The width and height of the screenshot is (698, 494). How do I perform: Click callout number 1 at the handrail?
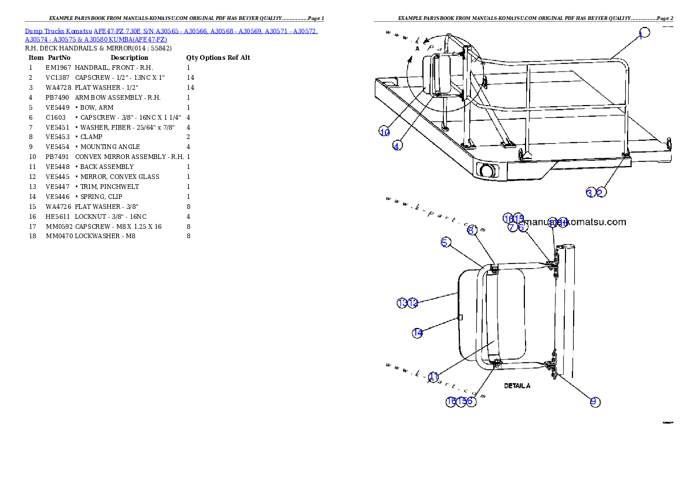644,33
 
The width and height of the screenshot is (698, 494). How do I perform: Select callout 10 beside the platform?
384,132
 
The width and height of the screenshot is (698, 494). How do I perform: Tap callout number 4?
397,146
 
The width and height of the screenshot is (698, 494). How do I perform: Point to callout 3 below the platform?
590,192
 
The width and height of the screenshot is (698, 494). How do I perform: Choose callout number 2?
600,192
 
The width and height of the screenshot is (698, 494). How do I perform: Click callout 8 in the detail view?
472,230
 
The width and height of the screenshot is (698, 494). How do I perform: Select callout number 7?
511,227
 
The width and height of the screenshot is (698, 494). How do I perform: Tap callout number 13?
402,303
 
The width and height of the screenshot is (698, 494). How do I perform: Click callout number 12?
413,303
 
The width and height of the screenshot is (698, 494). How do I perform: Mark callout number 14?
417,333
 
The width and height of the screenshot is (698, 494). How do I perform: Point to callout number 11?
433,376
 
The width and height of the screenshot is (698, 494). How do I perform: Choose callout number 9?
594,401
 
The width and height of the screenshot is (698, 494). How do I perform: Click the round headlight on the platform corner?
486,171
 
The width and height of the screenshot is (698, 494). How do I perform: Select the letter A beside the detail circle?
417,49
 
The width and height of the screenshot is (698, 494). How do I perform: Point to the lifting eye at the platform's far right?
669,141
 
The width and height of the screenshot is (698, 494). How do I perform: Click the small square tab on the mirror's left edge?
460,317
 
